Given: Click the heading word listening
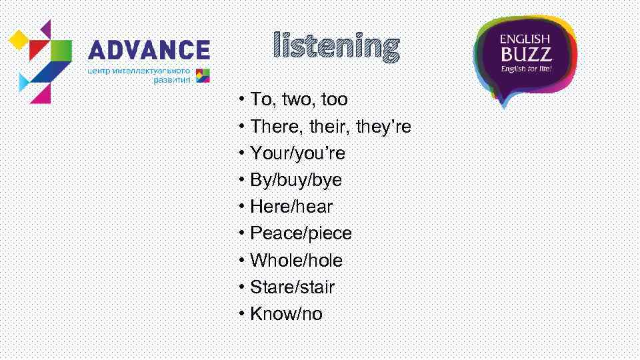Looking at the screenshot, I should [337, 47].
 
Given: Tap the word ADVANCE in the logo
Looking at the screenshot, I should [149, 50].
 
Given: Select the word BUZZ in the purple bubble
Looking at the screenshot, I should [525, 54].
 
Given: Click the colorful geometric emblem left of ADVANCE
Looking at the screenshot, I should [40, 60].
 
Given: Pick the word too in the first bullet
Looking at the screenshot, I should [333, 100].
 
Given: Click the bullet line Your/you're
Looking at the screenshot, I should [297, 153].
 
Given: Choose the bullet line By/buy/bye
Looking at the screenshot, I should [295, 180].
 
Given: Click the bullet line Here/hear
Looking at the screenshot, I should [291, 207].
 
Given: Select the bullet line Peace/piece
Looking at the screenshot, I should [301, 233].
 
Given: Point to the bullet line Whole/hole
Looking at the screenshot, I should [296, 260].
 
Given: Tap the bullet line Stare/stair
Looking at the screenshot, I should [292, 287].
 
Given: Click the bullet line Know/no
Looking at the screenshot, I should [286, 314].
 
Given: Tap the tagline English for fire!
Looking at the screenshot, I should [526, 68].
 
